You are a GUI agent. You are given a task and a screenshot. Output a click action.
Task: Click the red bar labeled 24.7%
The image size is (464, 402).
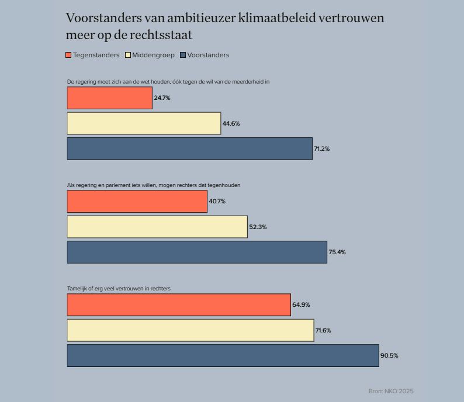110,98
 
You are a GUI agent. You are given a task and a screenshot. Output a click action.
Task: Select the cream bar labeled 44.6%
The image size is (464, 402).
144,123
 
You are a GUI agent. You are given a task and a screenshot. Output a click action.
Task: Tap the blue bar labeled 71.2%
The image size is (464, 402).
190,149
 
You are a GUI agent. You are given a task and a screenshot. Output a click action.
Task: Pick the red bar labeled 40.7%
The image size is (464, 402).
137,202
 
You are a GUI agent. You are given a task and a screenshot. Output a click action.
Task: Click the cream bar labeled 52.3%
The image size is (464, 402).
157,227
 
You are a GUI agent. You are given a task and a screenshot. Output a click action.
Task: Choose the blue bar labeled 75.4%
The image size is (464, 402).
197,252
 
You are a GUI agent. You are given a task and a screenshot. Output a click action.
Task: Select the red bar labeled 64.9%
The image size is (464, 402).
179,305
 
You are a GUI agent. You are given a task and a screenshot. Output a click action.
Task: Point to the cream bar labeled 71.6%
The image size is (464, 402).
191,330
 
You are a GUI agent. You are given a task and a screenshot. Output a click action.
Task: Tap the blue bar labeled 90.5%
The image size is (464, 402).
223,356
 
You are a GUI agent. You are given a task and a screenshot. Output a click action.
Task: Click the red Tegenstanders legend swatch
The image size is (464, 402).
68,55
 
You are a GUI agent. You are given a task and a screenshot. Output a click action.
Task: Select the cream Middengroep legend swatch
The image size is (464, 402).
128,55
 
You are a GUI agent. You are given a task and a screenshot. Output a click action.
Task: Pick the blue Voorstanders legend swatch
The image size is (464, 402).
183,55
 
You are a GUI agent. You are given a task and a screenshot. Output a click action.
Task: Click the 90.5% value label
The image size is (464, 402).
389,356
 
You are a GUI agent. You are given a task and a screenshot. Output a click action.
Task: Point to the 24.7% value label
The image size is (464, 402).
162,98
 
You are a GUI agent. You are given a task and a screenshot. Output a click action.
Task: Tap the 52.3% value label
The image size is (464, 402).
258,227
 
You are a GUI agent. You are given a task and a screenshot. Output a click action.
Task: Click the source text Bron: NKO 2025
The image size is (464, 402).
391,391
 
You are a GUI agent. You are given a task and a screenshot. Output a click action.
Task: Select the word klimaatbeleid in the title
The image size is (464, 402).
277,18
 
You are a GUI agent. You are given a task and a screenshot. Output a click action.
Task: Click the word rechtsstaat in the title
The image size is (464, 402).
161,35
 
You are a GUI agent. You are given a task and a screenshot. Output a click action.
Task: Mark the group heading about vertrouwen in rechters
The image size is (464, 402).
119,289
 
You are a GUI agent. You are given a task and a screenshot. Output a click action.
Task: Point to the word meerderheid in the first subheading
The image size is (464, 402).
248,82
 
